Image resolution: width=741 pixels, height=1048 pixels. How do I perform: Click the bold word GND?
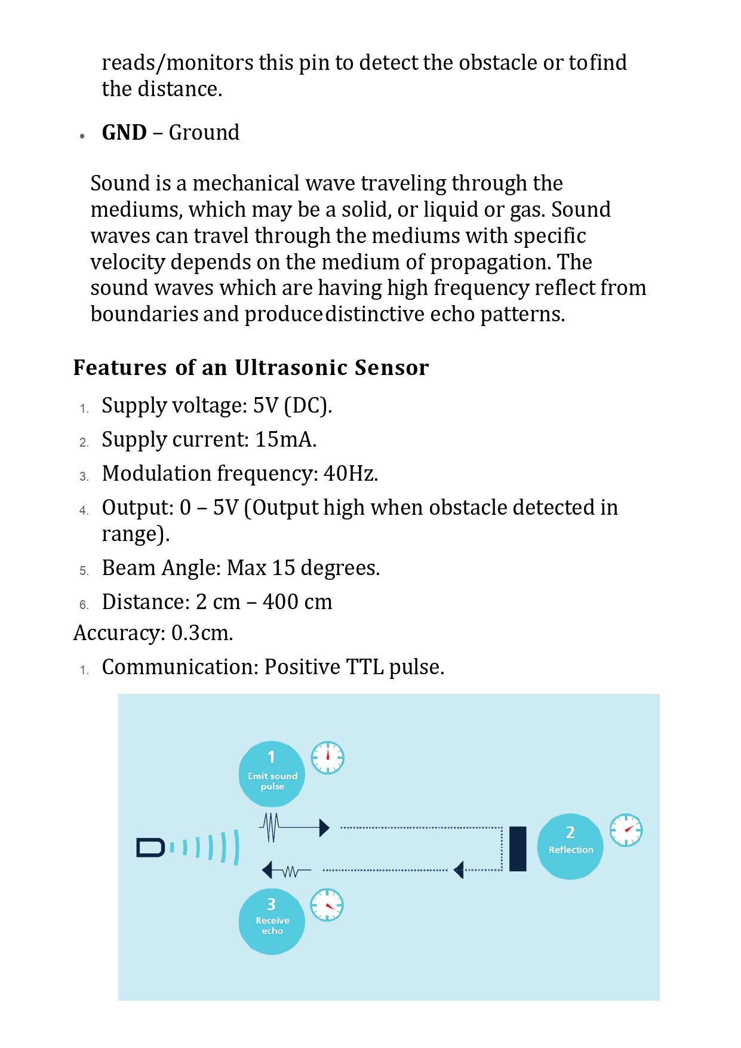click(124, 133)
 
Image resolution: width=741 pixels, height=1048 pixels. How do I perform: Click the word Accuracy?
click(119, 633)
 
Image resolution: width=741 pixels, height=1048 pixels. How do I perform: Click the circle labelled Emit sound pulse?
click(272, 774)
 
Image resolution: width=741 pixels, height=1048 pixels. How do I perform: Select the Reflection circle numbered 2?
click(570, 846)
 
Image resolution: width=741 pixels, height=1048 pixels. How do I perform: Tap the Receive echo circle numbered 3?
click(272, 921)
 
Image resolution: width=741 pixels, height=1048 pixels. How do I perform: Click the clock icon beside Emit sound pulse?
click(328, 758)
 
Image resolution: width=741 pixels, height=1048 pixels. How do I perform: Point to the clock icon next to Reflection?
click(626, 830)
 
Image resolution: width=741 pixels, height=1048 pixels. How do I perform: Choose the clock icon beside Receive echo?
click(327, 905)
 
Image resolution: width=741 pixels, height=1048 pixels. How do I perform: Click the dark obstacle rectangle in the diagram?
click(518, 849)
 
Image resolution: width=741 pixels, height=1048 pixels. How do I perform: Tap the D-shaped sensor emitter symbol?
click(150, 848)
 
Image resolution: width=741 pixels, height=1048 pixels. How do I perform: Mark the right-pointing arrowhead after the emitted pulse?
click(324, 828)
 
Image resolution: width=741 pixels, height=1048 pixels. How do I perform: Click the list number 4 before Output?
click(84, 511)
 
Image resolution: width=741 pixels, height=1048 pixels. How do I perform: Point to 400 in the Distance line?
click(281, 602)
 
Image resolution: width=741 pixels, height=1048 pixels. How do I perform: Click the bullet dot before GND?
click(82, 136)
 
